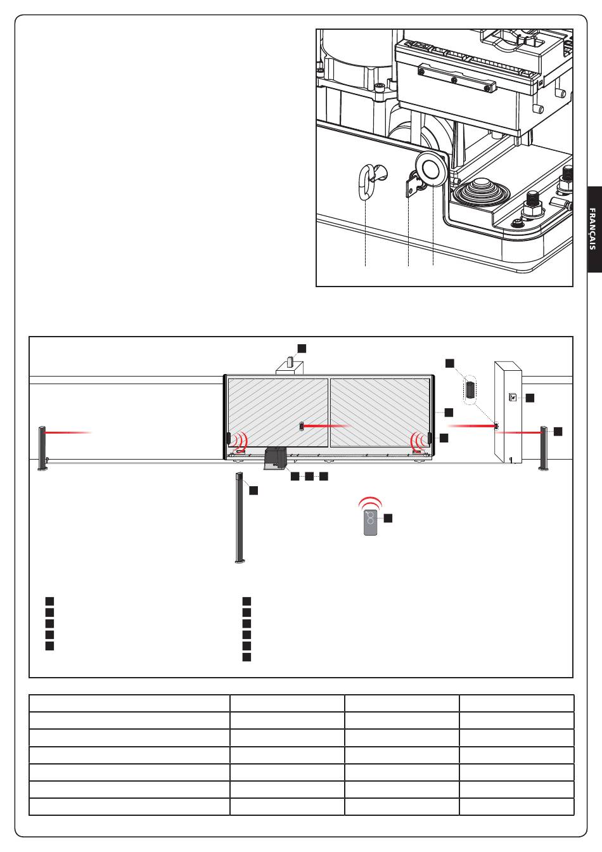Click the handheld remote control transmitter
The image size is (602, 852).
tap(371, 523)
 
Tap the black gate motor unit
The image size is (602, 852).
tap(275, 458)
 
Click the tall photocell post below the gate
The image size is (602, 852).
tap(240, 517)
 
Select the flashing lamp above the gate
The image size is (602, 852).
tap(291, 360)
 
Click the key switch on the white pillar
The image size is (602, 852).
tap(513, 397)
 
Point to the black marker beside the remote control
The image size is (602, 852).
tap(388, 518)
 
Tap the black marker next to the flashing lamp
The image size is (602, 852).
tap(302, 348)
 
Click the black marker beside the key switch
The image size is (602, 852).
tap(530, 398)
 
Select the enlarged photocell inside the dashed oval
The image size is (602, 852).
tap(471, 389)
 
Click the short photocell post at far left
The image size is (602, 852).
tap(42, 448)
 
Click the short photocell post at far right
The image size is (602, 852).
tap(544, 448)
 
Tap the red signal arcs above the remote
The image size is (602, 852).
tap(370, 502)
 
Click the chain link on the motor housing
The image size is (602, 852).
tap(366, 181)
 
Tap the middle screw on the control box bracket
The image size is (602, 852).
tap(454, 81)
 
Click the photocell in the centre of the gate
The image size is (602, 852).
tap(302, 426)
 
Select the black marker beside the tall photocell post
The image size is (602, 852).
tap(253, 490)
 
